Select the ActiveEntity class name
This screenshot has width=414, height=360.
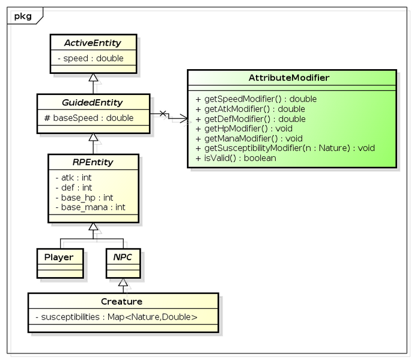tap(93, 43)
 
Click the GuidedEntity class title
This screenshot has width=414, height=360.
tap(93, 102)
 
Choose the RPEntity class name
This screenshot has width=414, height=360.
tap(93, 162)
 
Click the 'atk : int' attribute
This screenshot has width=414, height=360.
tap(74, 178)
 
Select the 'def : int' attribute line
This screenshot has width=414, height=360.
tap(74, 188)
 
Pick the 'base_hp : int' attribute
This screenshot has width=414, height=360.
tap(84, 197)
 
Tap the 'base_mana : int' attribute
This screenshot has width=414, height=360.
tap(90, 207)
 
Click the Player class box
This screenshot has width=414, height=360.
tap(59, 263)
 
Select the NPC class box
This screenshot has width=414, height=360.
tap(123, 263)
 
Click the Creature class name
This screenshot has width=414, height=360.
tap(122, 301)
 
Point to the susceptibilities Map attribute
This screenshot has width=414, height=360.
tap(116, 317)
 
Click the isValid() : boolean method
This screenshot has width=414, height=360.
tap(236, 157)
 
